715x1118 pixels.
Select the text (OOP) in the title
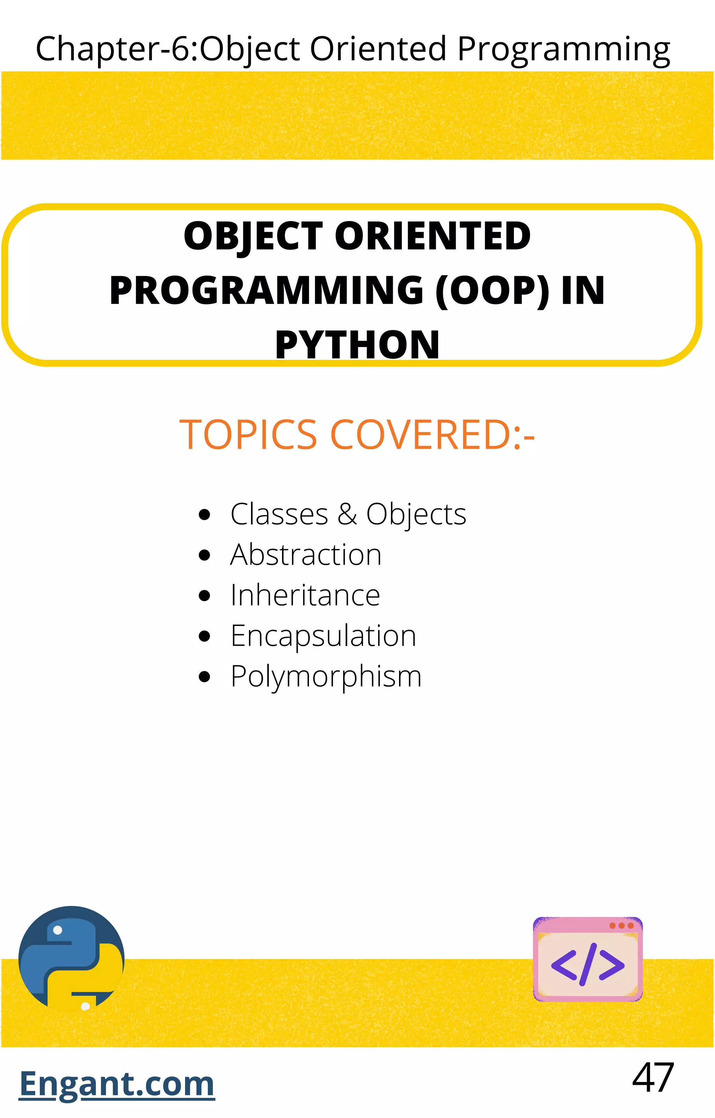(x=492, y=290)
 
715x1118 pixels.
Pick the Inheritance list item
(x=305, y=595)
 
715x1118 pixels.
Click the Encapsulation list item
(x=323, y=636)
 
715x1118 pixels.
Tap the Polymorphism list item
(x=326, y=676)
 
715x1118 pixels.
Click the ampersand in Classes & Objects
(x=347, y=514)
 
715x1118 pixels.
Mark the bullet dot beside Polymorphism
(x=204, y=677)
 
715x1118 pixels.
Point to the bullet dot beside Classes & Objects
(x=204, y=515)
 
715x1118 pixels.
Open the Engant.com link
(x=117, y=1084)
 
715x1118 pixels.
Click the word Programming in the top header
(x=563, y=49)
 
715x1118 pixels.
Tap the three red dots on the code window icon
(x=621, y=926)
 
